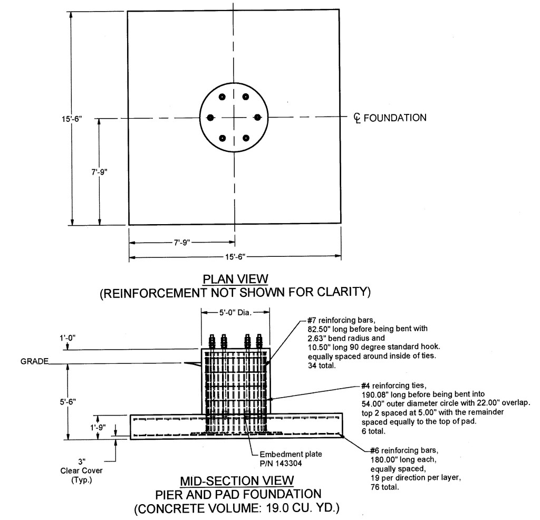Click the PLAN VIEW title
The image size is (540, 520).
point(235,278)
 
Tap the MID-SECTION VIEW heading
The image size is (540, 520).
point(237,481)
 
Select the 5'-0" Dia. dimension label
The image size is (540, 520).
point(236,313)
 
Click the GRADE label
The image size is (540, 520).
point(34,361)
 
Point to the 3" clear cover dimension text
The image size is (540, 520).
point(82,461)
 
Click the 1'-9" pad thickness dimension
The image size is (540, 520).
point(98,427)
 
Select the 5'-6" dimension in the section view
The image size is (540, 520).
point(69,401)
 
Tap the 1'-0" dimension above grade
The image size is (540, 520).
point(67,338)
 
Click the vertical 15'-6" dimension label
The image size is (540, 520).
point(72,119)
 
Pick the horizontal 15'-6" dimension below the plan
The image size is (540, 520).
point(235,257)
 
